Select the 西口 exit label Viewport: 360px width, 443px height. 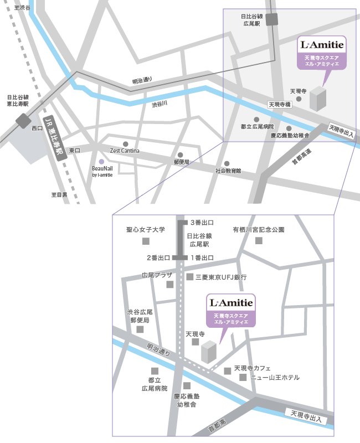pos(37,128)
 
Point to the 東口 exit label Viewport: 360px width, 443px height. pos(74,151)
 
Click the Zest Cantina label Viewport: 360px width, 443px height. pos(125,151)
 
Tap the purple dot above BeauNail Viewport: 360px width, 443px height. pos(101,161)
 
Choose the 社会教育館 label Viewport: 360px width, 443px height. pos(228,171)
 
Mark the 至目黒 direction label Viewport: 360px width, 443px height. pos(59,195)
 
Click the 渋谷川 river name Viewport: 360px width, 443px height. pos(160,104)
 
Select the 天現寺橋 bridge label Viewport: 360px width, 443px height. pos(279,104)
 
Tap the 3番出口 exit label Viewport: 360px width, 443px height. pos(202,223)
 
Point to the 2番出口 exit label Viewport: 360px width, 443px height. pos(158,257)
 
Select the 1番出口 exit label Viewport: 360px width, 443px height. pos(202,257)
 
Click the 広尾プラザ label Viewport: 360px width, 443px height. pos(157,275)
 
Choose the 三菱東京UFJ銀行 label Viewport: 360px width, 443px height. pos(221,276)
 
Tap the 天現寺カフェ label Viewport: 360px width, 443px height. pos(252,368)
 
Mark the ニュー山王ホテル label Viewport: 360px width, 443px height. pos(275,378)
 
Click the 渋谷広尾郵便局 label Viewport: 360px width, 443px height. pos(138,316)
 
